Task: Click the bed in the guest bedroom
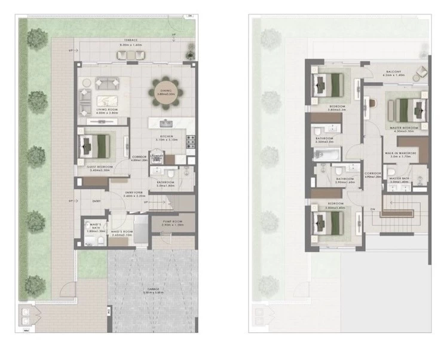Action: coord(96,145)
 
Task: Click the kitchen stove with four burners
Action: coord(191,142)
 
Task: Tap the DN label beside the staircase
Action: coord(372,209)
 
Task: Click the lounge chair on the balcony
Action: coord(421,72)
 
